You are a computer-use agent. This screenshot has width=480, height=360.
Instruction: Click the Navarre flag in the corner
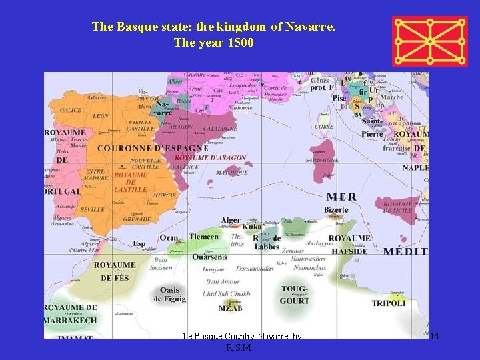coord(429,41)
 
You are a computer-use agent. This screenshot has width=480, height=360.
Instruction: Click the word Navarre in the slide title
coord(310,27)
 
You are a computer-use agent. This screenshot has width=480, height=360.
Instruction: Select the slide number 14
coord(434,336)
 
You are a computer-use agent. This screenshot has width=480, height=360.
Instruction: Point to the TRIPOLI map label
coord(388,303)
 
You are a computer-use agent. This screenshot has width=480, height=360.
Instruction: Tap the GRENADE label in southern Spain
coord(137,219)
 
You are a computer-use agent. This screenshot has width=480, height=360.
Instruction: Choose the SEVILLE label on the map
coord(91,209)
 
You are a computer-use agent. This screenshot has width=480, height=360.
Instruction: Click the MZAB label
coord(231,308)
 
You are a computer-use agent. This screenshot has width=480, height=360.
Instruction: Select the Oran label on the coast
coord(169,238)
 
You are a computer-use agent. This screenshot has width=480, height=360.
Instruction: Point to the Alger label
coord(231,220)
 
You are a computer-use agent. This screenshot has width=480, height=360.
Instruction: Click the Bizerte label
coord(336,210)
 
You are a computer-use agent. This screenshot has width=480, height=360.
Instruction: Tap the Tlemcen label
coord(204,237)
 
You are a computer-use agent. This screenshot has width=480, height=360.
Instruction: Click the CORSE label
coord(324,126)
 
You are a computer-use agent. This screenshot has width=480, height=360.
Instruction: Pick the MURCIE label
coord(164,195)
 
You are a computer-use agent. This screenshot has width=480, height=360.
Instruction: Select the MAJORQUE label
coord(232,172)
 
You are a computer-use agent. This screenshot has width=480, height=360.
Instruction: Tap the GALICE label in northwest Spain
coord(71,110)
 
